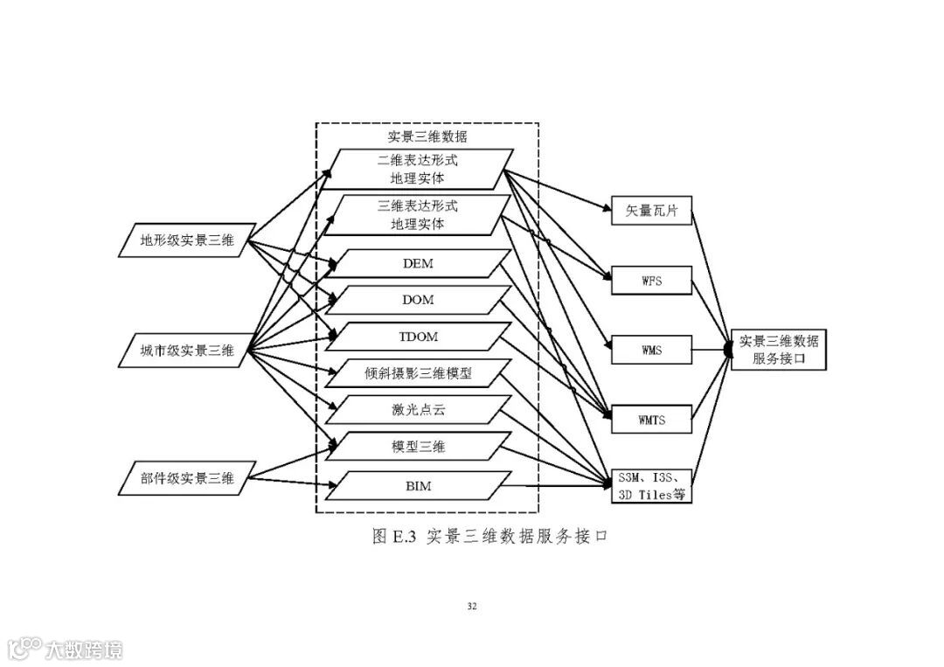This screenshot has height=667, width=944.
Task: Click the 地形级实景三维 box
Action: click(183, 241)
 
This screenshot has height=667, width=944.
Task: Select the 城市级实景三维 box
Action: click(183, 351)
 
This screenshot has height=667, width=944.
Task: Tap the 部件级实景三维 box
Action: click(183, 477)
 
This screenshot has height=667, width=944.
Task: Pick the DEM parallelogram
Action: click(419, 263)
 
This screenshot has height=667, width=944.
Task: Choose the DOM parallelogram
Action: click(419, 300)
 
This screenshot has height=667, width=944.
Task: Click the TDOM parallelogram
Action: click(419, 337)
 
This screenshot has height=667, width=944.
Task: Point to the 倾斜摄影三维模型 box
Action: click(419, 373)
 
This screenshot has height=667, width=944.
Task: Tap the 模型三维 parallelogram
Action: click(419, 447)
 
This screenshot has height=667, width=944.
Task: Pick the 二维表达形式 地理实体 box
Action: click(418, 170)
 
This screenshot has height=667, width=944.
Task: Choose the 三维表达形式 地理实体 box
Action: click(418, 215)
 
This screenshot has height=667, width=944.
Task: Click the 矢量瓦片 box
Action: click(651, 211)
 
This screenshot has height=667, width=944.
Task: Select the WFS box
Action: click(651, 281)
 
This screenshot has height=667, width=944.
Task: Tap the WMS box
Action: click(651, 351)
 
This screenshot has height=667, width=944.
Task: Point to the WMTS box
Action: click(651, 420)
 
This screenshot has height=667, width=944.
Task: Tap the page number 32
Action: click(472, 606)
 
